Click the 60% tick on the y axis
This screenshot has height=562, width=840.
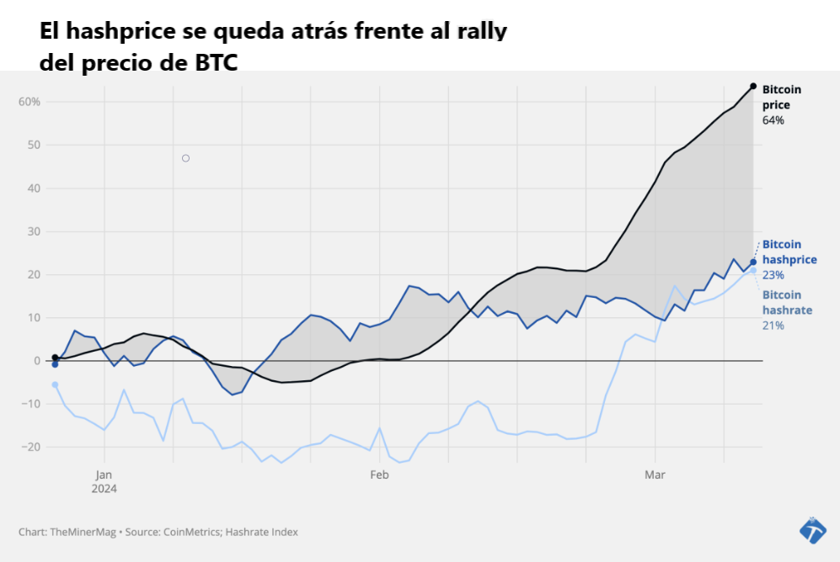coord(29,102)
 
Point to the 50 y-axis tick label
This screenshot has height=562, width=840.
coord(34,145)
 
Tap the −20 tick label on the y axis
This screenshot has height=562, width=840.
coord(30,447)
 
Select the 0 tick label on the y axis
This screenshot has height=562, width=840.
coord(37,361)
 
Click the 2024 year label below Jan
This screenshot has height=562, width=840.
coord(104,489)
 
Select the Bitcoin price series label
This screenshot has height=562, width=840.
coord(781,97)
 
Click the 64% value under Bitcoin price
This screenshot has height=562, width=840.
coord(773,120)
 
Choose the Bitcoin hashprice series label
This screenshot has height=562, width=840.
coord(789,252)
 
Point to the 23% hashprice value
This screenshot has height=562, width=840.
coord(773,275)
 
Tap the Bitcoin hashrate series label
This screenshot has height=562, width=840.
coord(787,302)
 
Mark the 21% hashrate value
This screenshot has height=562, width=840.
coord(773,326)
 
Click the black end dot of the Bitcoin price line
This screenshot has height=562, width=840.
coord(752,87)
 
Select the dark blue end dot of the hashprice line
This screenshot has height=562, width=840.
coord(752,262)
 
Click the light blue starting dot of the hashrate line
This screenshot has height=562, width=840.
coord(55,384)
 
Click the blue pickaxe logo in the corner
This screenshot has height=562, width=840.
coord(812,530)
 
